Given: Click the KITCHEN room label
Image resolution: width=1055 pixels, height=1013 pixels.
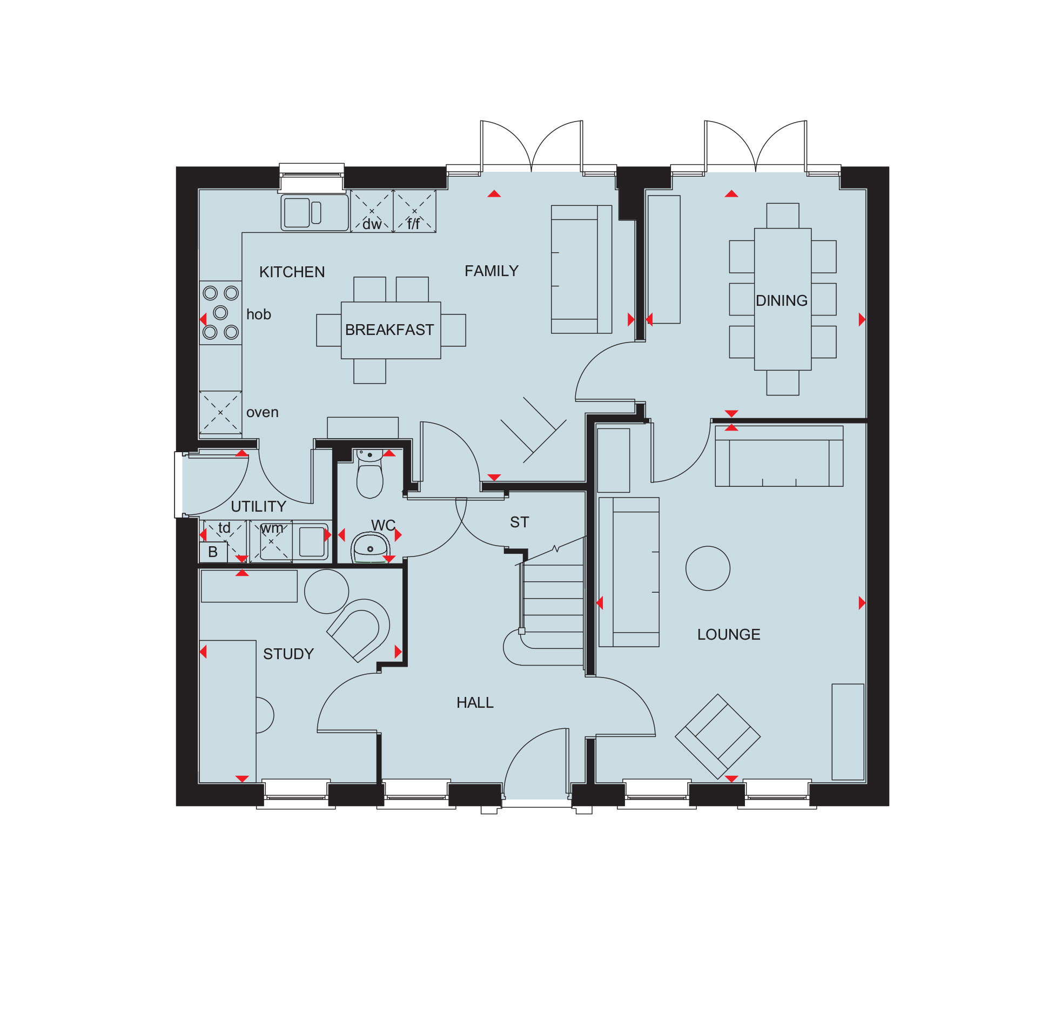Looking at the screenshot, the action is click(x=292, y=272).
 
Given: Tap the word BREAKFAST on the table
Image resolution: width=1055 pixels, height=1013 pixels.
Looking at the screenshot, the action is click(x=389, y=330).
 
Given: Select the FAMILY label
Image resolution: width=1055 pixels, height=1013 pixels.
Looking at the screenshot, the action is click(x=492, y=271).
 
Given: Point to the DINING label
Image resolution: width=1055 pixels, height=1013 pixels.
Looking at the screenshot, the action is click(x=782, y=300).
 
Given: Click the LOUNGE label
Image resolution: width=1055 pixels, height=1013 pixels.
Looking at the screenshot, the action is click(x=729, y=634).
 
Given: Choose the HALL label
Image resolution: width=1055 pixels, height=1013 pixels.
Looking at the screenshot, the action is click(x=475, y=702).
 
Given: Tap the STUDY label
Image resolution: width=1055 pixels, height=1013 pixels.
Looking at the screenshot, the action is click(x=288, y=654).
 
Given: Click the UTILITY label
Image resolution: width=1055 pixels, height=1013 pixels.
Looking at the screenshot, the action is click(x=258, y=506).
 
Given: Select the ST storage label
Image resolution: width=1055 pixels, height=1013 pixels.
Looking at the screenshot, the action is click(x=520, y=522).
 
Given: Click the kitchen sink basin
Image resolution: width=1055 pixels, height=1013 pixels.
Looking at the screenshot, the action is click(x=297, y=212).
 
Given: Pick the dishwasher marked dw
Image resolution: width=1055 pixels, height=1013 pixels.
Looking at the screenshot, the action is click(x=372, y=211).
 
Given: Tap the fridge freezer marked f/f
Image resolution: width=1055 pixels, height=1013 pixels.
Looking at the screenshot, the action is click(x=415, y=211).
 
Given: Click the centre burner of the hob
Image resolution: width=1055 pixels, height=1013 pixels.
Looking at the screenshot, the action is click(x=220, y=312).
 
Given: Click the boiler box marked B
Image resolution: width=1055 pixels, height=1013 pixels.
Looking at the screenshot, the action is click(x=213, y=552).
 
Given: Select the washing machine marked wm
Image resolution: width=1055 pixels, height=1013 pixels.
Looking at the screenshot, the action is click(x=271, y=541).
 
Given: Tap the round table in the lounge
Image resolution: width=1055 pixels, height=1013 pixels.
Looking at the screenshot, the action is click(x=708, y=568).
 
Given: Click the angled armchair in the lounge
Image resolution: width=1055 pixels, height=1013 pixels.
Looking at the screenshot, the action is click(x=717, y=736).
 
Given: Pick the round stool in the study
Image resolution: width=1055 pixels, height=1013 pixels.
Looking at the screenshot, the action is click(x=326, y=591).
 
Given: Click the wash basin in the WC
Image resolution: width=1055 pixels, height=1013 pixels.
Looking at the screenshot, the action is click(x=371, y=547).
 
